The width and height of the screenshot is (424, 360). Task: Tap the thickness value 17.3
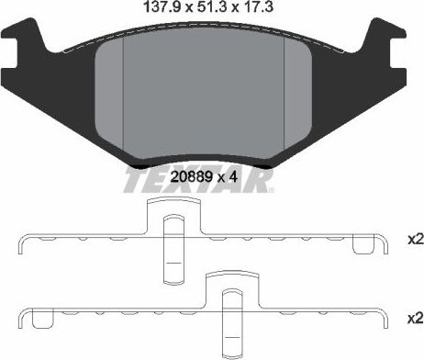coord(259,9)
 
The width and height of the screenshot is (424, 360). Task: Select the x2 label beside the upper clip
coord(414,240)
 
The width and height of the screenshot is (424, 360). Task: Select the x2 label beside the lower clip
coord(414,318)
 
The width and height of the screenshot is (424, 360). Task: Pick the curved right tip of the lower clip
coord(381,322)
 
